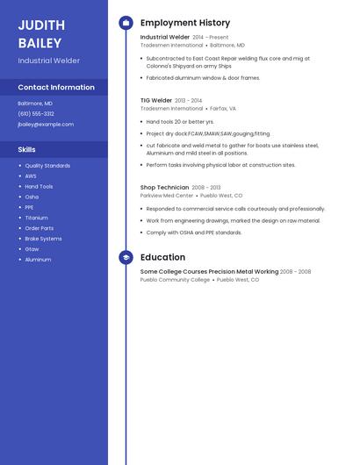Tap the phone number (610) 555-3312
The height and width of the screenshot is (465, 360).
click(x=36, y=113)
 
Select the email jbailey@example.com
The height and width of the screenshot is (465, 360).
click(x=46, y=125)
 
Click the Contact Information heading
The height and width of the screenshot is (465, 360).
click(x=56, y=87)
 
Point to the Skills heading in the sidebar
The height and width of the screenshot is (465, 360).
click(x=26, y=149)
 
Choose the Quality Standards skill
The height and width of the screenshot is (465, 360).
click(x=47, y=165)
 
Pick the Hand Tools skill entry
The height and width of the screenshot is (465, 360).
click(x=39, y=186)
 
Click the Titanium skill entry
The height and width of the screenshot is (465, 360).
click(x=36, y=218)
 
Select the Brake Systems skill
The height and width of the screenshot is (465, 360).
click(x=43, y=239)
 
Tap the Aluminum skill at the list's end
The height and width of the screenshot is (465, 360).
click(x=38, y=260)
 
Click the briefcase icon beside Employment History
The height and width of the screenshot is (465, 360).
click(x=126, y=23)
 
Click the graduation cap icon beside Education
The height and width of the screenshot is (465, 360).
click(x=126, y=257)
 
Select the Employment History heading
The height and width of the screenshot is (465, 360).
click(x=185, y=23)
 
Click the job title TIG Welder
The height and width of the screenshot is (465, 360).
click(x=156, y=100)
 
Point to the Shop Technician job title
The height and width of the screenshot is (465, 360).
click(x=164, y=187)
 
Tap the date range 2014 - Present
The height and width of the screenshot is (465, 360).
click(x=211, y=38)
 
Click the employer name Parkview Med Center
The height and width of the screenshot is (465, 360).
click(x=167, y=196)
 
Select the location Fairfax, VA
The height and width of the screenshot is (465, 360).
click(x=223, y=108)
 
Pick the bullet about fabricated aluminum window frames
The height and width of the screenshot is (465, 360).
click(x=203, y=78)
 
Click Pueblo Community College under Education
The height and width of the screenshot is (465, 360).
click(x=175, y=280)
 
